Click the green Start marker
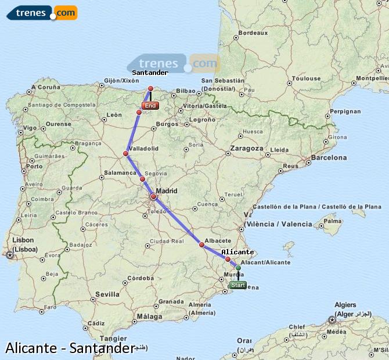tap(238, 285)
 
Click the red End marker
tap(150, 106)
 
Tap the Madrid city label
tap(166, 190)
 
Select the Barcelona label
tap(329, 157)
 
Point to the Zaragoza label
tap(247, 148)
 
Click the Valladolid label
tap(145, 149)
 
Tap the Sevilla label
tap(108, 294)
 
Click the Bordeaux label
tap(253, 33)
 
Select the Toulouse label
tap(306, 78)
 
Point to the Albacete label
tap(219, 240)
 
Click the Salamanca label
tap(120, 173)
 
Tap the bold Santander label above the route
tap(150, 73)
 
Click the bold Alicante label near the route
tap(237, 252)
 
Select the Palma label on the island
tap(332, 221)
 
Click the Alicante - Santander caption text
tap(70, 348)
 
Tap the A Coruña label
tap(46, 87)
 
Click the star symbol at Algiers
tap(332, 319)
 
